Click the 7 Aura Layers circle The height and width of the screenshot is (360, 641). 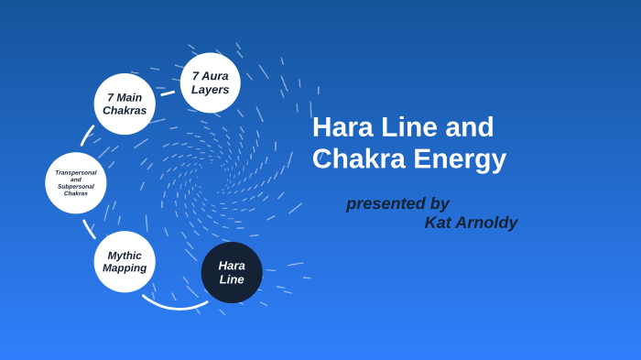210,82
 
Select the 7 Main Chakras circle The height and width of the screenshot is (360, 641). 125,104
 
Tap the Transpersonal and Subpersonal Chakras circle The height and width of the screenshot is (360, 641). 76,182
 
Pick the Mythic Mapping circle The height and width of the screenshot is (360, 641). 125,262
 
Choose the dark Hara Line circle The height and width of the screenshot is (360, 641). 232,272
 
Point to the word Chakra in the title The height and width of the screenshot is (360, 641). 358,158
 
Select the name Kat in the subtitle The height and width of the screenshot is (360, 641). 439,223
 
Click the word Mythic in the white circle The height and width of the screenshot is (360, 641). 125,256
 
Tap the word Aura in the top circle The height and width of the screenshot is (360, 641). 215,76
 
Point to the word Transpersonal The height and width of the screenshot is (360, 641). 76,172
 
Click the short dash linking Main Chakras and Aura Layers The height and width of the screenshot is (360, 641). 168,93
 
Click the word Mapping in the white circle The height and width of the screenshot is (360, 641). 125,268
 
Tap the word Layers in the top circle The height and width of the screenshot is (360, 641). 210,90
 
